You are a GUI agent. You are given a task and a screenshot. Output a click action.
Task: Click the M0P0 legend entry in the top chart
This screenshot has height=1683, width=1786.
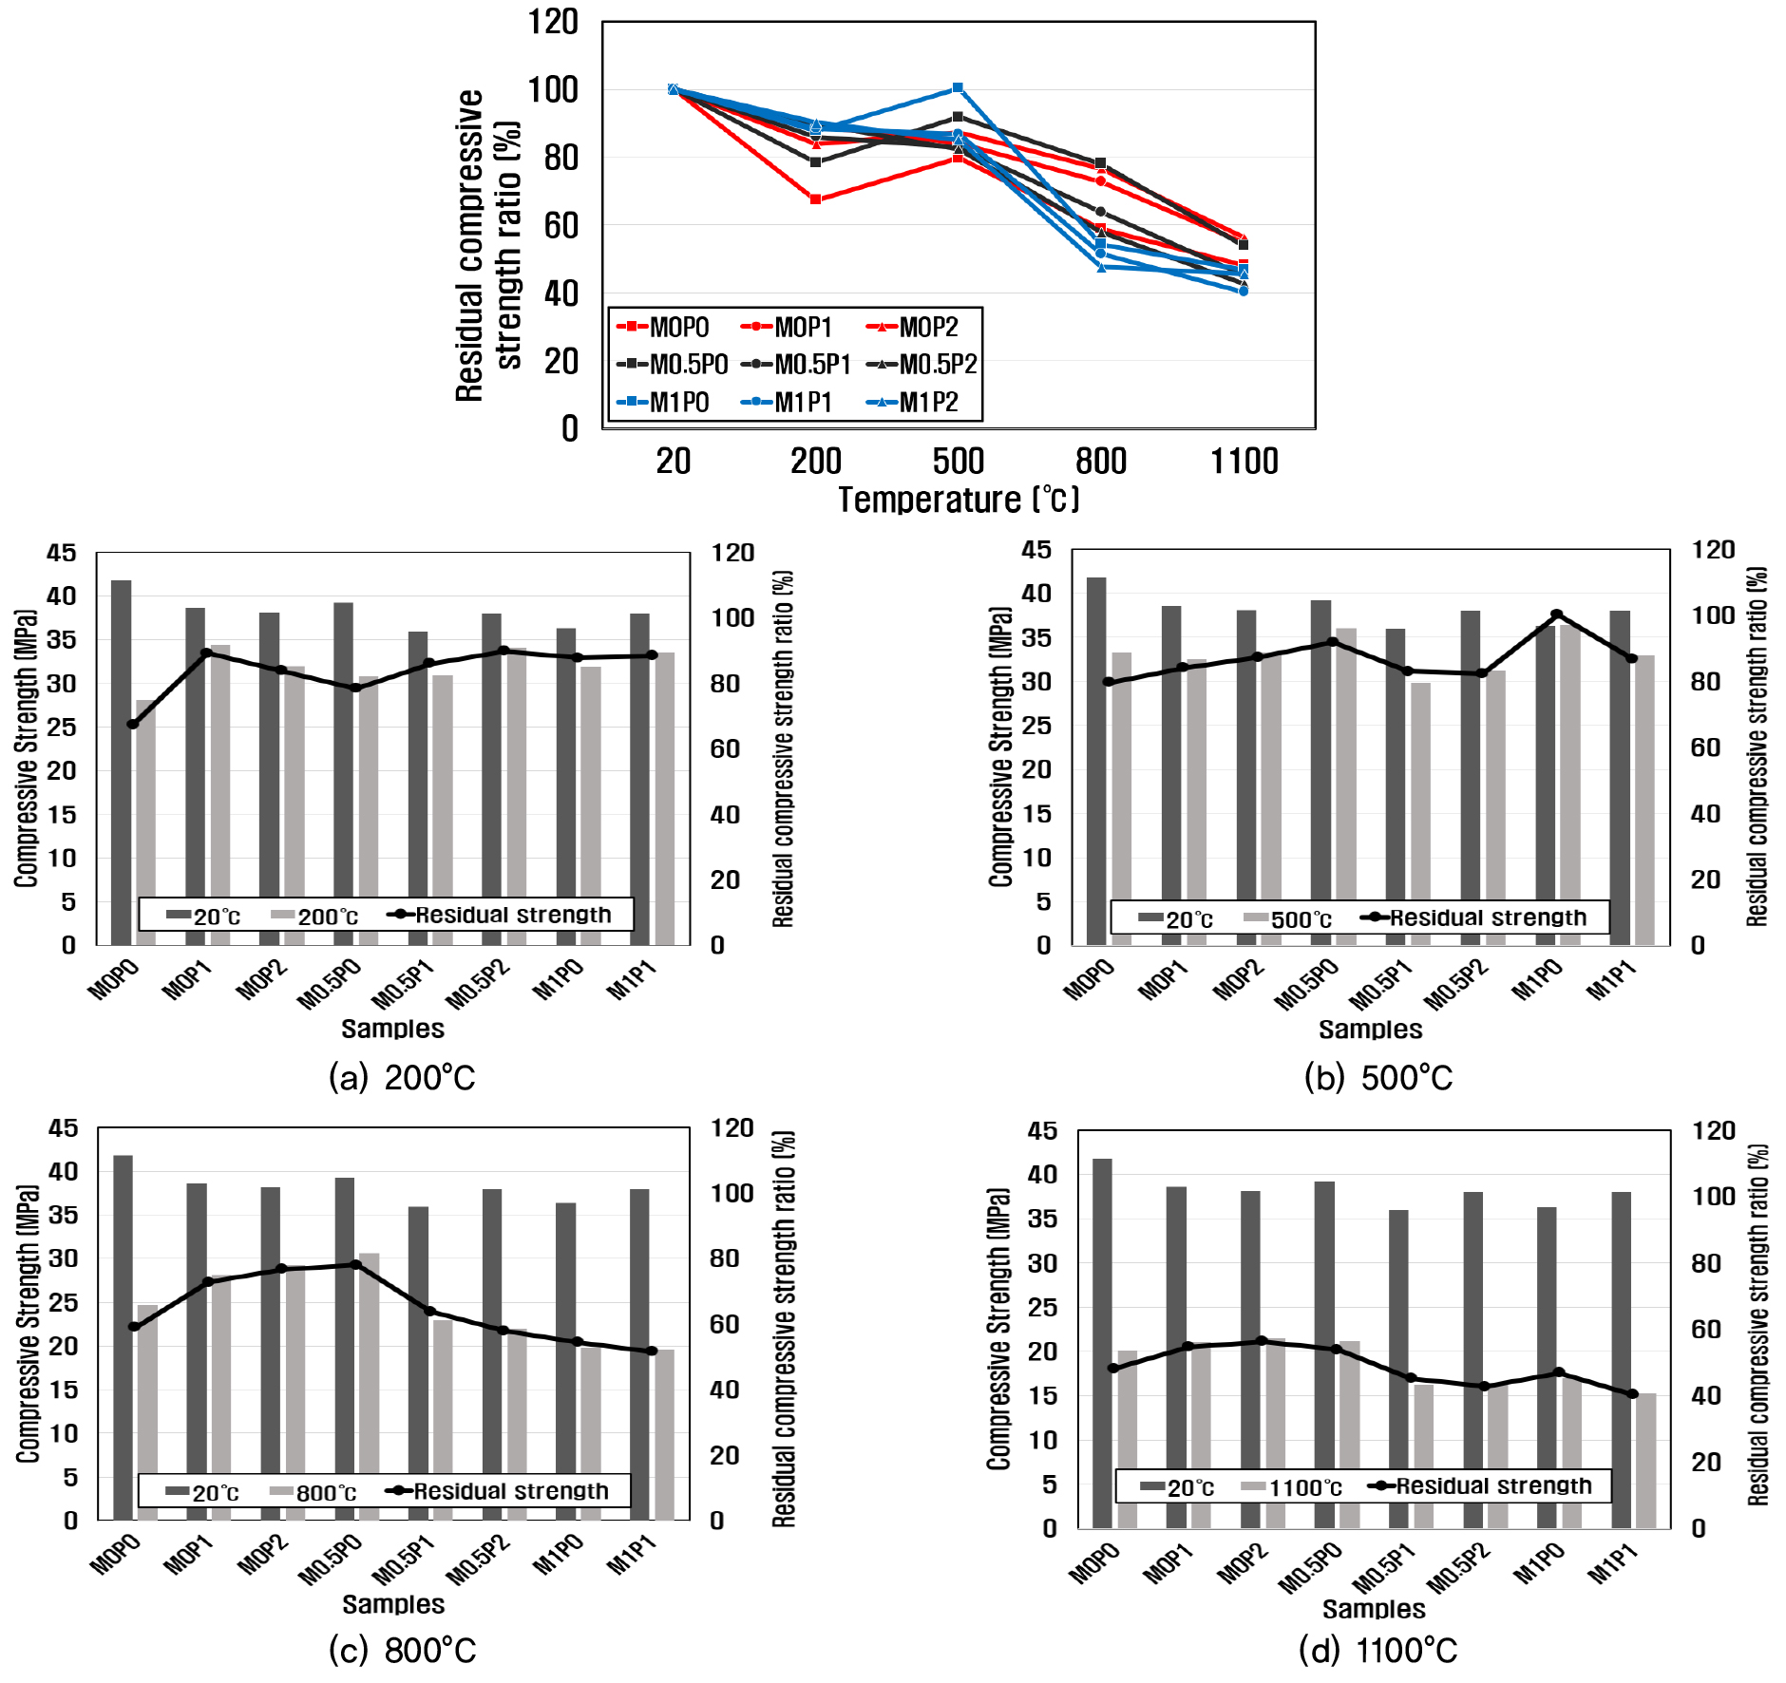coord(665,328)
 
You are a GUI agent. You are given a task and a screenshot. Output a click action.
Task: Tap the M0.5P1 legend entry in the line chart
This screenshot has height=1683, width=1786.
coord(798,365)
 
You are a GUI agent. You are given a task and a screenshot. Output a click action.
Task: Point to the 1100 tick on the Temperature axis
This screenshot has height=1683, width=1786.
coord(1244,462)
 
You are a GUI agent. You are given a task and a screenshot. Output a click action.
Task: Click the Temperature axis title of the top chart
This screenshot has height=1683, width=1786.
coord(958,500)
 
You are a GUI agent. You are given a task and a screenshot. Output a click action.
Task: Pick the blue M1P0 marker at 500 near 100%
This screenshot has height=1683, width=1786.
coord(958,88)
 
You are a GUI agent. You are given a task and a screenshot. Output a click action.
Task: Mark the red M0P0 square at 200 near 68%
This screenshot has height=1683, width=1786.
coord(815,199)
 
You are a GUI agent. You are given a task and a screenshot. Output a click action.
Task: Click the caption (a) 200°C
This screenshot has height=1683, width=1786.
coord(402,1078)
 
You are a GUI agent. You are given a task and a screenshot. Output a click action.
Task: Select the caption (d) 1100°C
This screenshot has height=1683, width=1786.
coord(1377,1651)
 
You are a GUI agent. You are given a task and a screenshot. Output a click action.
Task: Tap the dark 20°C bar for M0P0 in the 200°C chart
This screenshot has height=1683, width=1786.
coord(121,760)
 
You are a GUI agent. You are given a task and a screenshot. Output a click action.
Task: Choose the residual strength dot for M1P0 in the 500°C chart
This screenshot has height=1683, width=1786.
coord(1556,615)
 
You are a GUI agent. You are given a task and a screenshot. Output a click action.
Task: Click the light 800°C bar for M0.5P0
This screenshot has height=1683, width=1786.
coord(369,1387)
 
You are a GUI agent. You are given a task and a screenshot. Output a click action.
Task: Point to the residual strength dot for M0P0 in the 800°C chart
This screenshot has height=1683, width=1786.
coord(134,1326)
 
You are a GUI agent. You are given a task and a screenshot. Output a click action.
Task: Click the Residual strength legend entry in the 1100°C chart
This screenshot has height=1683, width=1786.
coord(1482,1486)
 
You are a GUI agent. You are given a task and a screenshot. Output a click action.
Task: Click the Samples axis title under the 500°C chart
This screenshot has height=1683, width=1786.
coord(1370,1030)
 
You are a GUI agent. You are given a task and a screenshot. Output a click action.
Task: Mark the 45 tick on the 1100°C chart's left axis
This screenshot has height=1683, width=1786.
coord(1042,1131)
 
